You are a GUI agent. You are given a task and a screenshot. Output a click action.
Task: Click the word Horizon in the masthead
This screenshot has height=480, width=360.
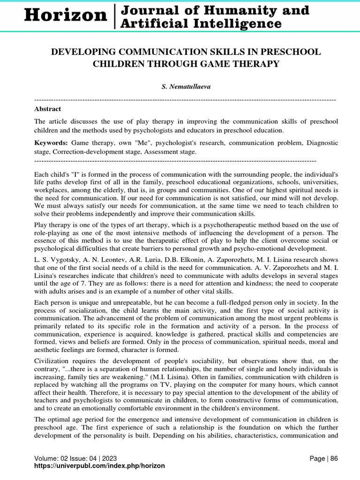[66, 15]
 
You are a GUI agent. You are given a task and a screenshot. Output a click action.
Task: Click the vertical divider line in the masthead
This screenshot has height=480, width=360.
[114, 16]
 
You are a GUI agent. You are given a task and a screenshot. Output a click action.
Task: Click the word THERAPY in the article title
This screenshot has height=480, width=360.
[254, 64]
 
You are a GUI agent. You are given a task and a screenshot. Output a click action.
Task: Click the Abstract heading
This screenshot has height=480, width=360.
[47, 109]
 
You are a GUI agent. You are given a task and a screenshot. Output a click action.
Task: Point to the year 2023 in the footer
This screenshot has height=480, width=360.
[108, 458]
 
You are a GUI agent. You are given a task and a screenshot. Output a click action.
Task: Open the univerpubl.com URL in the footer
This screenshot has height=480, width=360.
[99, 466]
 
